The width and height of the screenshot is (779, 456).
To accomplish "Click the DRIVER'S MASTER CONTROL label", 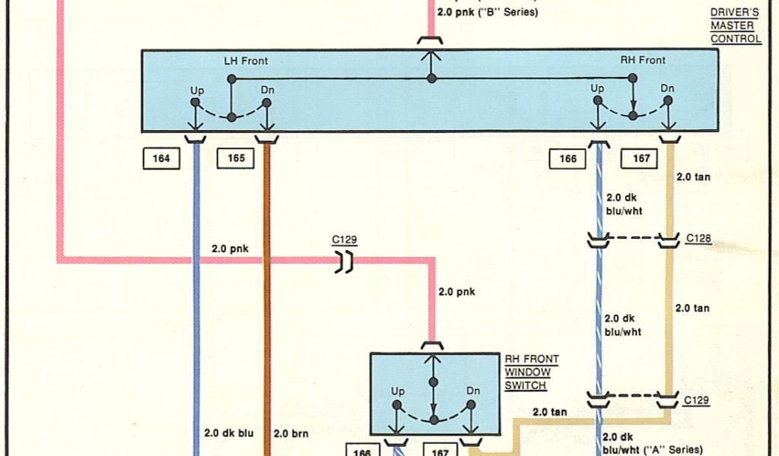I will point(735,26).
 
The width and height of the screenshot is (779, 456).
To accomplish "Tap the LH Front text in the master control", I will point(245,61).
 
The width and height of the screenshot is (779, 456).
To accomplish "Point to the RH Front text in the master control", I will point(642,60).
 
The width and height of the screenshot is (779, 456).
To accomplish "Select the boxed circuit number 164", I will point(161,159).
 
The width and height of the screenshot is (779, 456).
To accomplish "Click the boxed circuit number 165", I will point(236,159).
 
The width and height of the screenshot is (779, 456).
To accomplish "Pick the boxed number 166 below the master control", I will point(568,159).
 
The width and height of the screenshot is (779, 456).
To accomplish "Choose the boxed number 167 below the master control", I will point(640,159).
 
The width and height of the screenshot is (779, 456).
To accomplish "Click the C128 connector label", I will point(698,239).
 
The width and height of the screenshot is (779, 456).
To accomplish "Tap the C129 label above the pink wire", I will point(344,240).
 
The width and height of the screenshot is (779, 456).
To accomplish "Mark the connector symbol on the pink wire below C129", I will point(345,262).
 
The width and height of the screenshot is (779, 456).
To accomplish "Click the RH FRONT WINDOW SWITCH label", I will point(532,372).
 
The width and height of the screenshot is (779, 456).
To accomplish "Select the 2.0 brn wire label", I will point(290,433).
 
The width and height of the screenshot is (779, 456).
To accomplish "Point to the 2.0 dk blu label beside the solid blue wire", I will point(228,433).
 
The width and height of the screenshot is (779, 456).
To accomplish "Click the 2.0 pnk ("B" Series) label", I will point(488,13).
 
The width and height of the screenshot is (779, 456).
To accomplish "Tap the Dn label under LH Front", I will point(267,90).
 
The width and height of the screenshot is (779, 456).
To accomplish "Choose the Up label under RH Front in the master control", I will point(597,89).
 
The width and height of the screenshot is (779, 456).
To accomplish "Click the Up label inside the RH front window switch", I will point(398,391).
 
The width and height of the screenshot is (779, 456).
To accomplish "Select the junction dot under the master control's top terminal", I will point(431,78).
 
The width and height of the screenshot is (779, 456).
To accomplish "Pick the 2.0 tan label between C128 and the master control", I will point(692,177).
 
